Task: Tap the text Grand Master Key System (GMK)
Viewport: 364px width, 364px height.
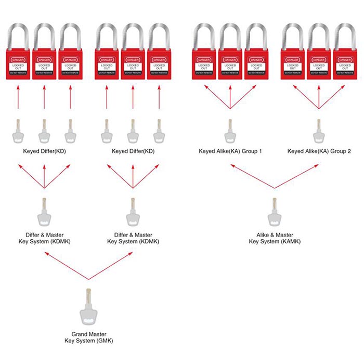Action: (x=92, y=337)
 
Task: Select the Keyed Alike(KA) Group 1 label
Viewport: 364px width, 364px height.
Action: (x=230, y=151)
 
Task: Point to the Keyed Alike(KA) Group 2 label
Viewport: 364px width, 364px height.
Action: (x=319, y=151)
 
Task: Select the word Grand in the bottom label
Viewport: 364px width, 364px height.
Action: (x=80, y=334)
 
